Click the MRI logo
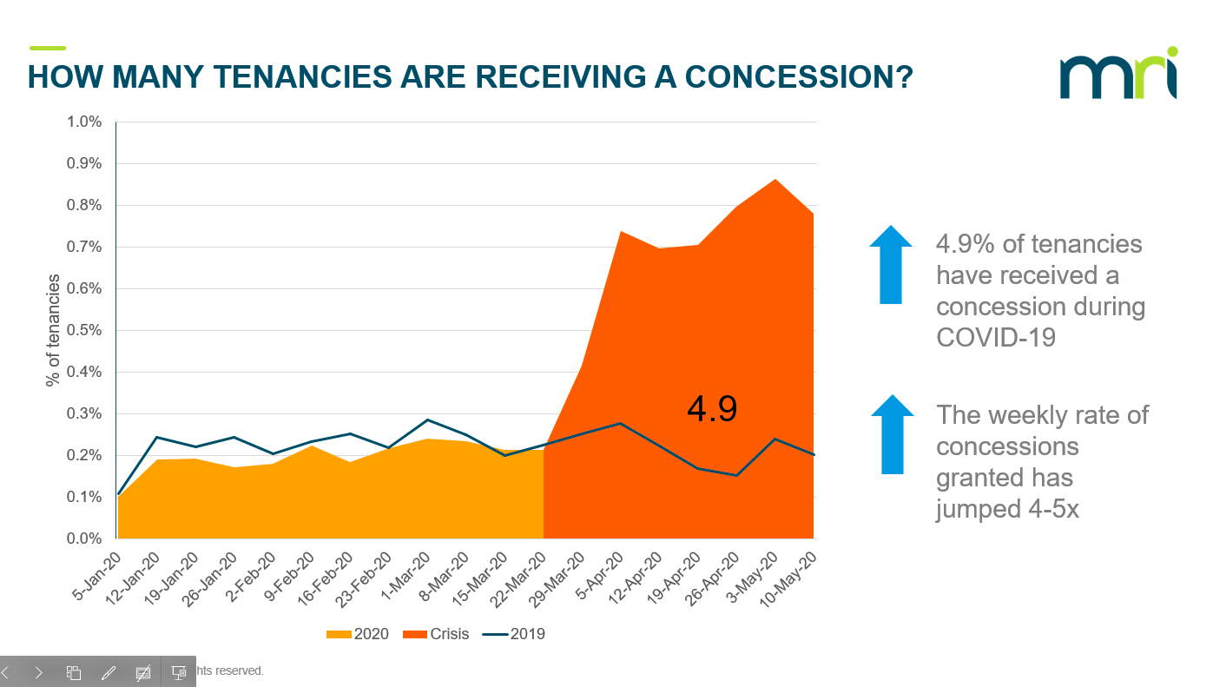tap(1118, 76)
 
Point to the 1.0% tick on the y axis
tap(84, 122)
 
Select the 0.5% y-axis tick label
tap(84, 330)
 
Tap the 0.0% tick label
tap(84, 538)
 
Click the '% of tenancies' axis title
tap(54, 330)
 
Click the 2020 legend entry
tap(357, 634)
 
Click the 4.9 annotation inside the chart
tap(711, 409)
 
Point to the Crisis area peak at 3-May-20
tap(775, 180)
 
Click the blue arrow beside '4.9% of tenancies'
tap(891, 264)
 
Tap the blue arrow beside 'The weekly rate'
tap(892, 434)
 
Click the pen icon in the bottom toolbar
tap(109, 672)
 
